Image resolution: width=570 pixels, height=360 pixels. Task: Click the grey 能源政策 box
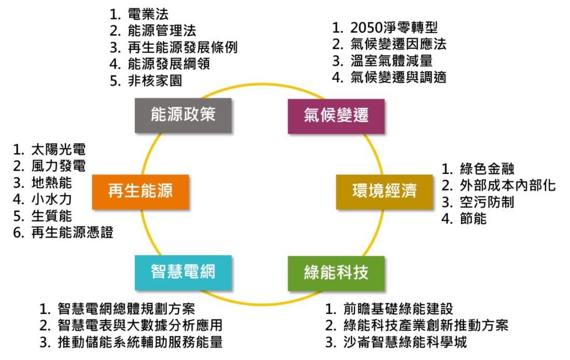tap(183, 116)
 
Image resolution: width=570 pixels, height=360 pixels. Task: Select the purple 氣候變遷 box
tap(336, 116)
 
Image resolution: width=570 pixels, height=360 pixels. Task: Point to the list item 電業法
tap(147, 12)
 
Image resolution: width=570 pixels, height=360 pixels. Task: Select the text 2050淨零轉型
tap(397, 27)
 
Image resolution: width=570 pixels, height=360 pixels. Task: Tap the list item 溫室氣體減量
tap(391, 61)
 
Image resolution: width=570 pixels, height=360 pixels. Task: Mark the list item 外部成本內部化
tap(507, 185)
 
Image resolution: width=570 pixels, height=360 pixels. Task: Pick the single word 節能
tap(473, 218)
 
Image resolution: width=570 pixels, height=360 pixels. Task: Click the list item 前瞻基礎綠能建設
tap(398, 309)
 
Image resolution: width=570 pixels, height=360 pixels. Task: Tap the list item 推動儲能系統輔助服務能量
tap(140, 342)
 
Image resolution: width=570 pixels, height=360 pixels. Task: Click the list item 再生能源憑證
tap(72, 232)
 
